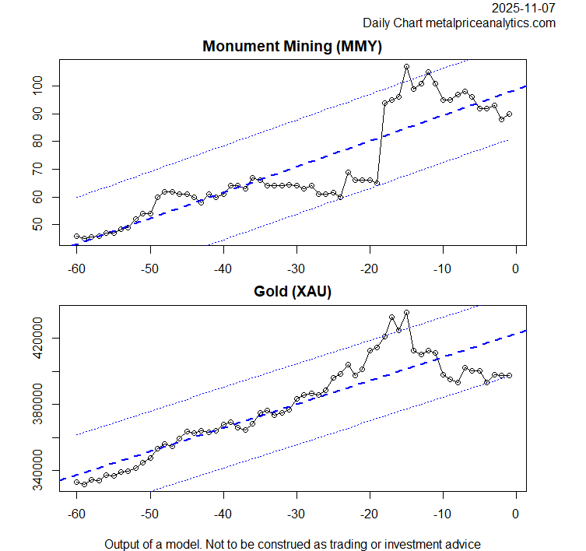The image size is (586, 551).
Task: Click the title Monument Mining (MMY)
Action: coord(292,46)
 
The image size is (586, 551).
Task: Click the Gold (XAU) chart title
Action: coord(292,292)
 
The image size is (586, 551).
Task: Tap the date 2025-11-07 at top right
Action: coord(524,9)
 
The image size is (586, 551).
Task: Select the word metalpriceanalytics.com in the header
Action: coord(490,23)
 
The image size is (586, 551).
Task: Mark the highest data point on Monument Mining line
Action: coord(406,67)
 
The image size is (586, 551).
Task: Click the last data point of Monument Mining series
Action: coord(509,114)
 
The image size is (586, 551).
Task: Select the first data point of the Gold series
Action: coord(76,482)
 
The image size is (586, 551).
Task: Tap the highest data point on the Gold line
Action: coord(406,313)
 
